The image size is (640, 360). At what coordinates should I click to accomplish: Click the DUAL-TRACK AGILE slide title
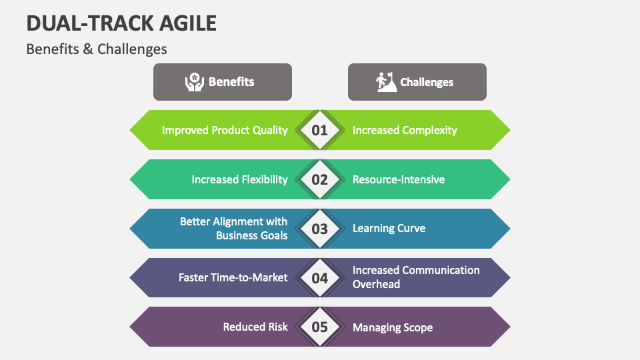(121, 23)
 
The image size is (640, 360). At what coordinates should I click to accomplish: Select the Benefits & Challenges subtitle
(97, 49)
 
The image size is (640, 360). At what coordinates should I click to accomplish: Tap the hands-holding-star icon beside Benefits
(194, 82)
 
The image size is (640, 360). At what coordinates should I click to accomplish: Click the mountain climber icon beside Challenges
(386, 82)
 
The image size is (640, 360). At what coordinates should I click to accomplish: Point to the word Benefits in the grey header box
(231, 82)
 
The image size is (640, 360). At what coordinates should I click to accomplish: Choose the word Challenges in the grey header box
(427, 83)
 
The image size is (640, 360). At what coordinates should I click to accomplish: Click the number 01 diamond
(320, 130)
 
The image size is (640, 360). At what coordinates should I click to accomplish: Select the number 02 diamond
(320, 179)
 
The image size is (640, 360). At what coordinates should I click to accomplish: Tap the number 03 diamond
(320, 229)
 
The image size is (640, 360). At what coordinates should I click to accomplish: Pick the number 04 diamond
(320, 278)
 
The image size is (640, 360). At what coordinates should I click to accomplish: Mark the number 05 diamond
(320, 327)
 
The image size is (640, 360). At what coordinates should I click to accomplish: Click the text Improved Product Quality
(225, 130)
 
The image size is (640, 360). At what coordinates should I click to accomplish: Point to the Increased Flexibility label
(239, 179)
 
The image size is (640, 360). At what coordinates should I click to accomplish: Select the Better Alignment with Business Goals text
(234, 229)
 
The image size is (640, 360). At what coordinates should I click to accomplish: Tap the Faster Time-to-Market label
(233, 277)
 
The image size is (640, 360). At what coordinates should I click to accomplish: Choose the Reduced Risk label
(255, 327)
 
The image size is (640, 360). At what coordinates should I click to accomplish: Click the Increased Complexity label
(405, 130)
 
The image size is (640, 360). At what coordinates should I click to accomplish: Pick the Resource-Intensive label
(399, 179)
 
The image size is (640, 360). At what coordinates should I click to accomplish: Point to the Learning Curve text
(389, 229)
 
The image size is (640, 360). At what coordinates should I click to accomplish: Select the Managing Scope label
(393, 327)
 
